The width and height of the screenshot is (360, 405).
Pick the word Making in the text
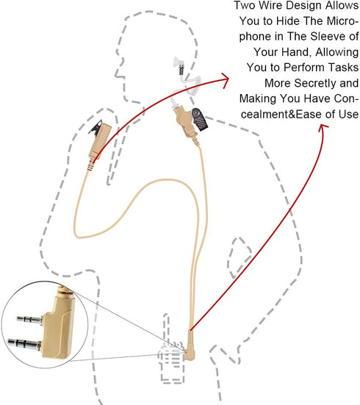[258, 98]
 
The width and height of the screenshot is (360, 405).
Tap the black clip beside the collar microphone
[199, 119]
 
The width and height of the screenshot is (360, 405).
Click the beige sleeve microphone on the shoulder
[98, 145]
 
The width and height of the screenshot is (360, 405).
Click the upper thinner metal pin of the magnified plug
[29, 319]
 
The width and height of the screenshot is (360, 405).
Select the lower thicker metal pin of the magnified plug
[24, 344]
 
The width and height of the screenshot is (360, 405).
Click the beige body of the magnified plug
[59, 329]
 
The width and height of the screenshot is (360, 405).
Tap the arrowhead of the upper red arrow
[225, 79]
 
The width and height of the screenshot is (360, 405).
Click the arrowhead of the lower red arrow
[323, 128]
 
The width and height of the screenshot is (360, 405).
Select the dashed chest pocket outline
[239, 257]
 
